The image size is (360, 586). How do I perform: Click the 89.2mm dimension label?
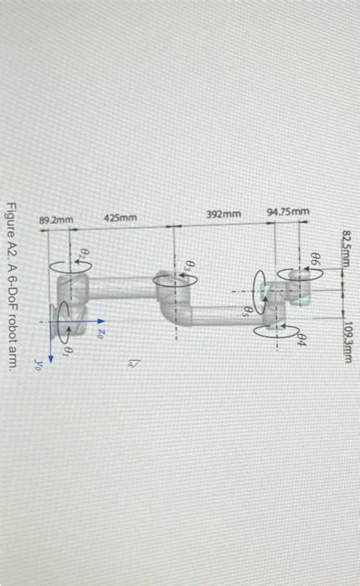(x=57, y=219)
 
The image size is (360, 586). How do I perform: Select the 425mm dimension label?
(x=121, y=218)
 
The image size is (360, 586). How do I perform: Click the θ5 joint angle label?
(x=246, y=310)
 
